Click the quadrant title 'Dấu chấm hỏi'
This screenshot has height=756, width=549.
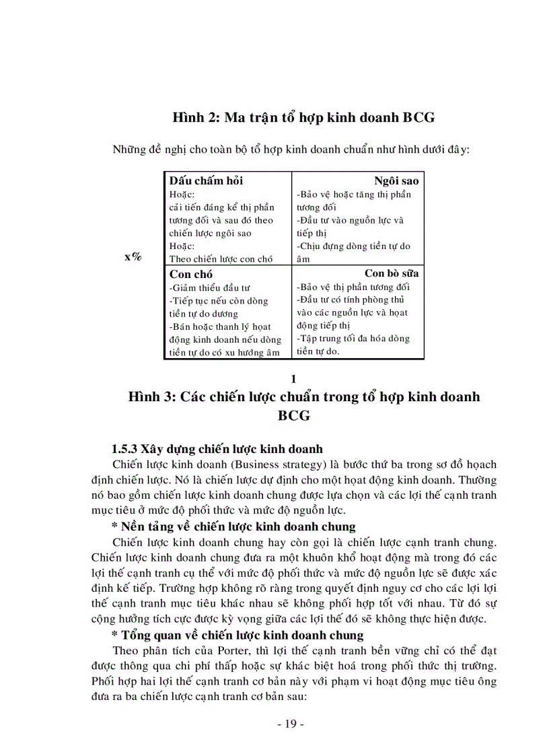click(x=206, y=180)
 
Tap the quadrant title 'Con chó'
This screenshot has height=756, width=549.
click(x=191, y=274)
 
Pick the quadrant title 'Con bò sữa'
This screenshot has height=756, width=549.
click(x=392, y=273)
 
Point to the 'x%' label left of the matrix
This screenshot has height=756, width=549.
click(x=133, y=257)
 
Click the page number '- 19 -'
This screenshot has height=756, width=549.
click(x=291, y=724)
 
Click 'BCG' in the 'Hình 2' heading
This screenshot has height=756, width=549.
click(x=419, y=117)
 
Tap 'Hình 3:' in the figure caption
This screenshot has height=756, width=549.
click(x=152, y=397)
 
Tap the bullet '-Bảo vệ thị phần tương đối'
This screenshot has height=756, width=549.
click(x=362, y=287)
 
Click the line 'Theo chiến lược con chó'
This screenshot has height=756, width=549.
click(x=221, y=259)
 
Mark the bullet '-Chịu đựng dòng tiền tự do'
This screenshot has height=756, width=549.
click(x=353, y=246)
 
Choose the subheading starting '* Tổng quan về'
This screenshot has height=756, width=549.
click(x=237, y=635)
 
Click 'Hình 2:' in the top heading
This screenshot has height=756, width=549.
click(x=196, y=117)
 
